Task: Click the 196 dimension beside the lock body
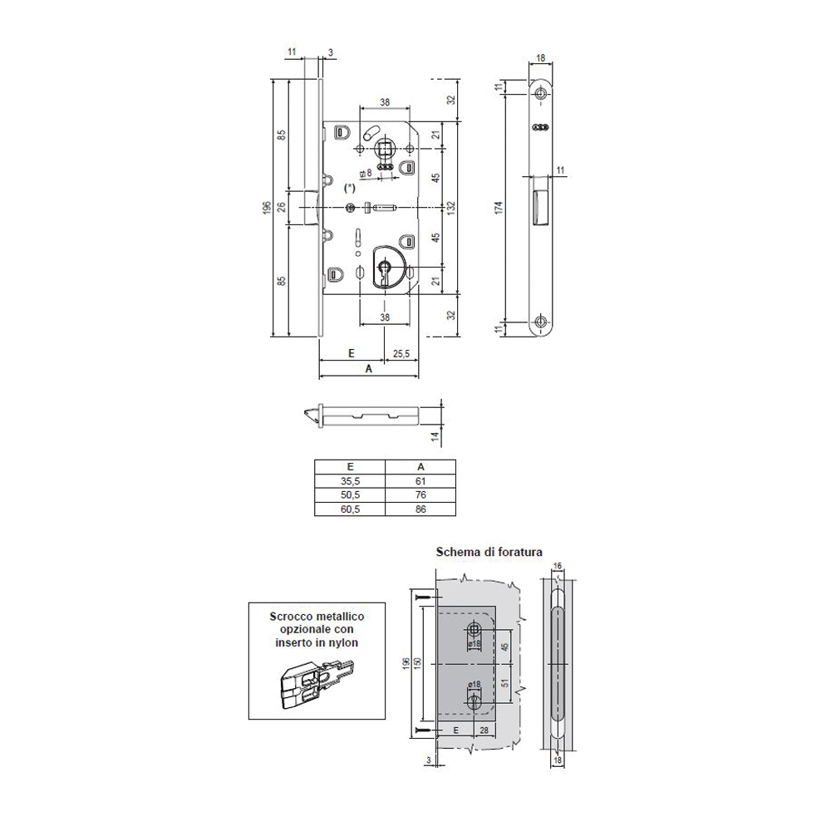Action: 267,207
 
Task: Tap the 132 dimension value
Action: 452,207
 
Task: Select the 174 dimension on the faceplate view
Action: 499,207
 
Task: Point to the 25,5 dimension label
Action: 401,353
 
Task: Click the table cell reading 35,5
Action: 350,481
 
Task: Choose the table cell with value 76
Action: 420,495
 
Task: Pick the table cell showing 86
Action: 420,509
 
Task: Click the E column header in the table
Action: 350,467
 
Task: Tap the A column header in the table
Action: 420,467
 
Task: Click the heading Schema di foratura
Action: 489,552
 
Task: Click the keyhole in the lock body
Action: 384,268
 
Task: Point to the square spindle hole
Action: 384,148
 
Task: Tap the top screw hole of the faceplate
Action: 540,95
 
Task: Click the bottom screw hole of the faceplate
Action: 540,321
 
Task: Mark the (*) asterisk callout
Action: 349,188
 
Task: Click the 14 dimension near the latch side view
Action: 435,436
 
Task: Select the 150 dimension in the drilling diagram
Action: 418,663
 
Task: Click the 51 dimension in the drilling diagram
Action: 504,684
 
